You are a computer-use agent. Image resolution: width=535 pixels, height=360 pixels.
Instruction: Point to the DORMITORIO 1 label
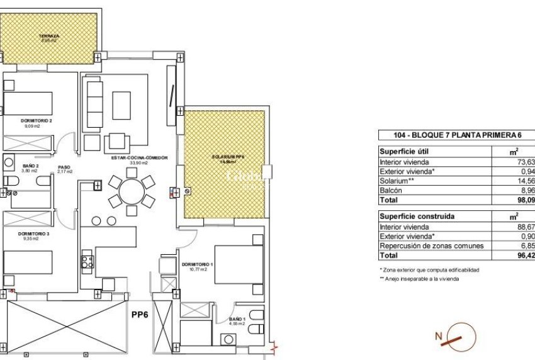(196, 264)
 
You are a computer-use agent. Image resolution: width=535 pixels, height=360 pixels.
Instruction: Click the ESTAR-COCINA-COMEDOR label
(139, 158)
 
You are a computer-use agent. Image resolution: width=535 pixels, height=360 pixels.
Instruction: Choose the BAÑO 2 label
(13, 166)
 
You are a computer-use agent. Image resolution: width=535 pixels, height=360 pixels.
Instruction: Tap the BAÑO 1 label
(237, 320)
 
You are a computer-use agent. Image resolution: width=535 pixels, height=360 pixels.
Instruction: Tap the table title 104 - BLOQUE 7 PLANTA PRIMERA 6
(456, 135)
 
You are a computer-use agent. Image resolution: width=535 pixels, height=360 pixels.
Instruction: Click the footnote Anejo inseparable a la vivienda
(419, 278)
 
